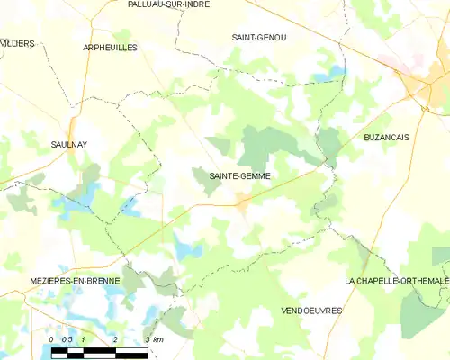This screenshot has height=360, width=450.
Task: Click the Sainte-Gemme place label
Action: (240, 176)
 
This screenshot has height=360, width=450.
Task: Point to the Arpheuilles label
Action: (110, 47)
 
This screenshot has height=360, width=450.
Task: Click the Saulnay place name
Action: (68, 143)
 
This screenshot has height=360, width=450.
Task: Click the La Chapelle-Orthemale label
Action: (397, 282)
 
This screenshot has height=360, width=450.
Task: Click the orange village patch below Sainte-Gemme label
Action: (243, 205)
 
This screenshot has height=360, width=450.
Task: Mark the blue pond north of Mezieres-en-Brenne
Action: (187, 250)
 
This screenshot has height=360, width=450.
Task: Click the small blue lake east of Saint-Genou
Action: (337, 70)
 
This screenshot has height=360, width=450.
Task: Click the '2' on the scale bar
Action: (115, 338)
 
